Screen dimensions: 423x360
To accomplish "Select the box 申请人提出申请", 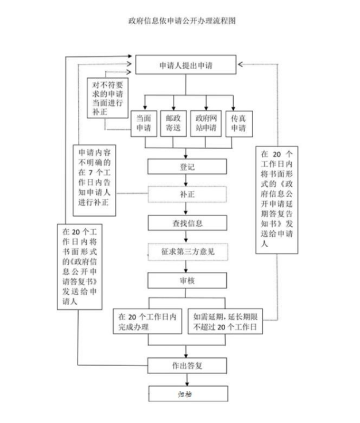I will click(x=185, y=66).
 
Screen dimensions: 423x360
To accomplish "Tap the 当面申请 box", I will click(x=143, y=123).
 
